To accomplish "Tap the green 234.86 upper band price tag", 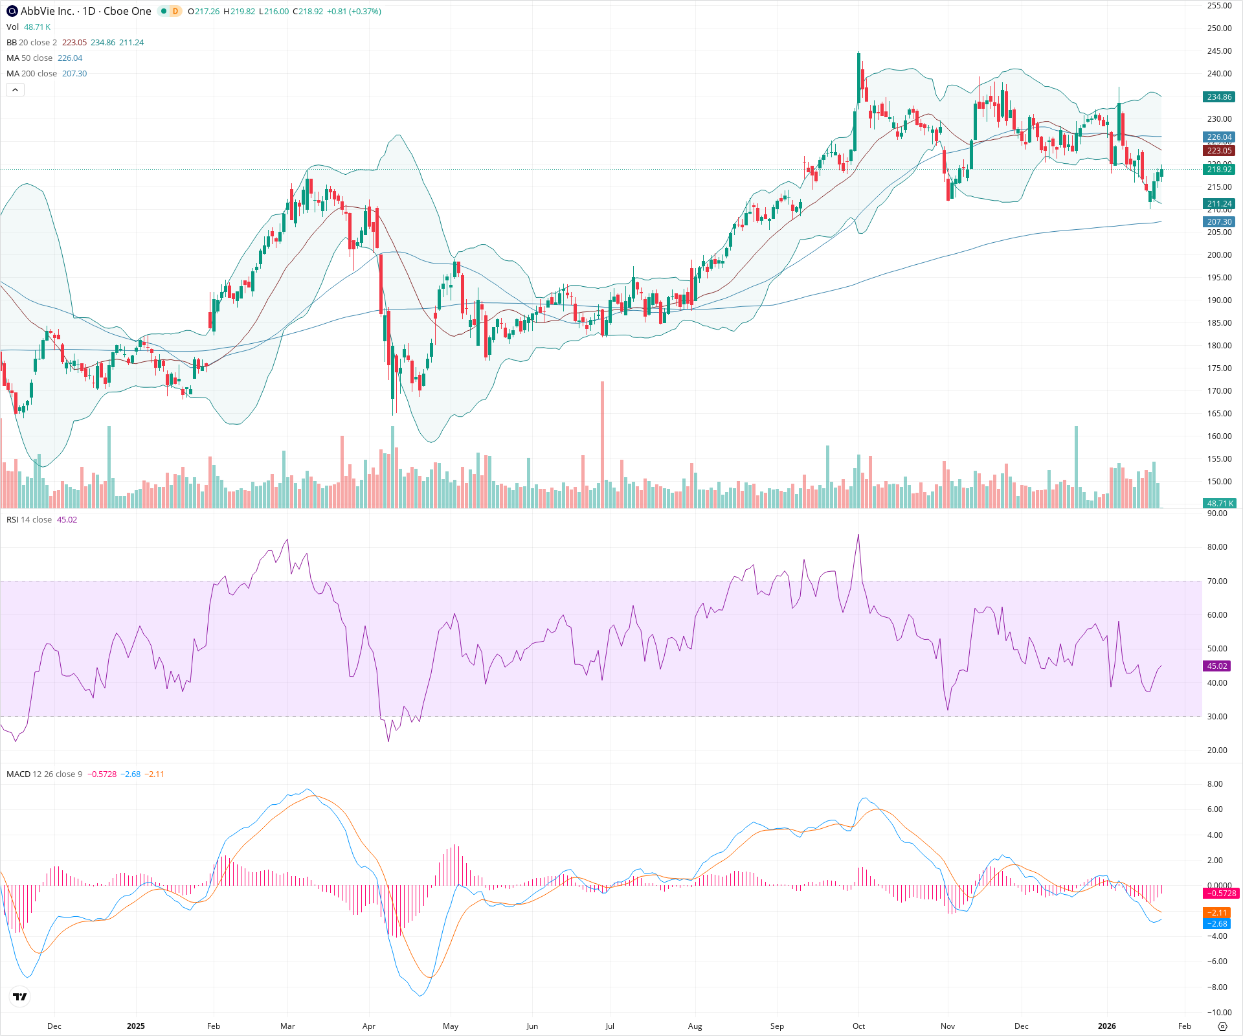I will click(x=1219, y=97).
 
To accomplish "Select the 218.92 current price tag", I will click(x=1219, y=170).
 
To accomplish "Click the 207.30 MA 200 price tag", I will click(x=1219, y=222).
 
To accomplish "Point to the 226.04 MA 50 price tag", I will click(x=1219, y=137).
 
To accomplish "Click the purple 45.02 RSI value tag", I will click(x=1216, y=666).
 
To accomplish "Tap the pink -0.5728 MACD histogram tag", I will click(x=1220, y=894).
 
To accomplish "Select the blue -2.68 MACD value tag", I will click(x=1217, y=924).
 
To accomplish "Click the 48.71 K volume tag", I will click(x=1220, y=504).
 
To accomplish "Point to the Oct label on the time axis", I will click(x=858, y=1026).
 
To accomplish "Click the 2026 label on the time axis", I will click(x=1107, y=1026).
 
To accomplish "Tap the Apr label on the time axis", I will click(x=368, y=1026).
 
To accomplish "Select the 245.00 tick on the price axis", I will click(x=1219, y=51).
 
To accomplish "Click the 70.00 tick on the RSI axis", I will click(x=1217, y=581).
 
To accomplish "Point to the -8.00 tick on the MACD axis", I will click(x=1217, y=987).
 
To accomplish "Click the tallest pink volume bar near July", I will click(x=603, y=447).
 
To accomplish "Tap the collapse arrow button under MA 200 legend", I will click(x=15, y=90).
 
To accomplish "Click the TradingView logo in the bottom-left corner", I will click(x=20, y=997).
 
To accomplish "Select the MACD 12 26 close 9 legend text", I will click(x=44, y=774).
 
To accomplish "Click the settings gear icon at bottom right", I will click(x=1222, y=1026).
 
